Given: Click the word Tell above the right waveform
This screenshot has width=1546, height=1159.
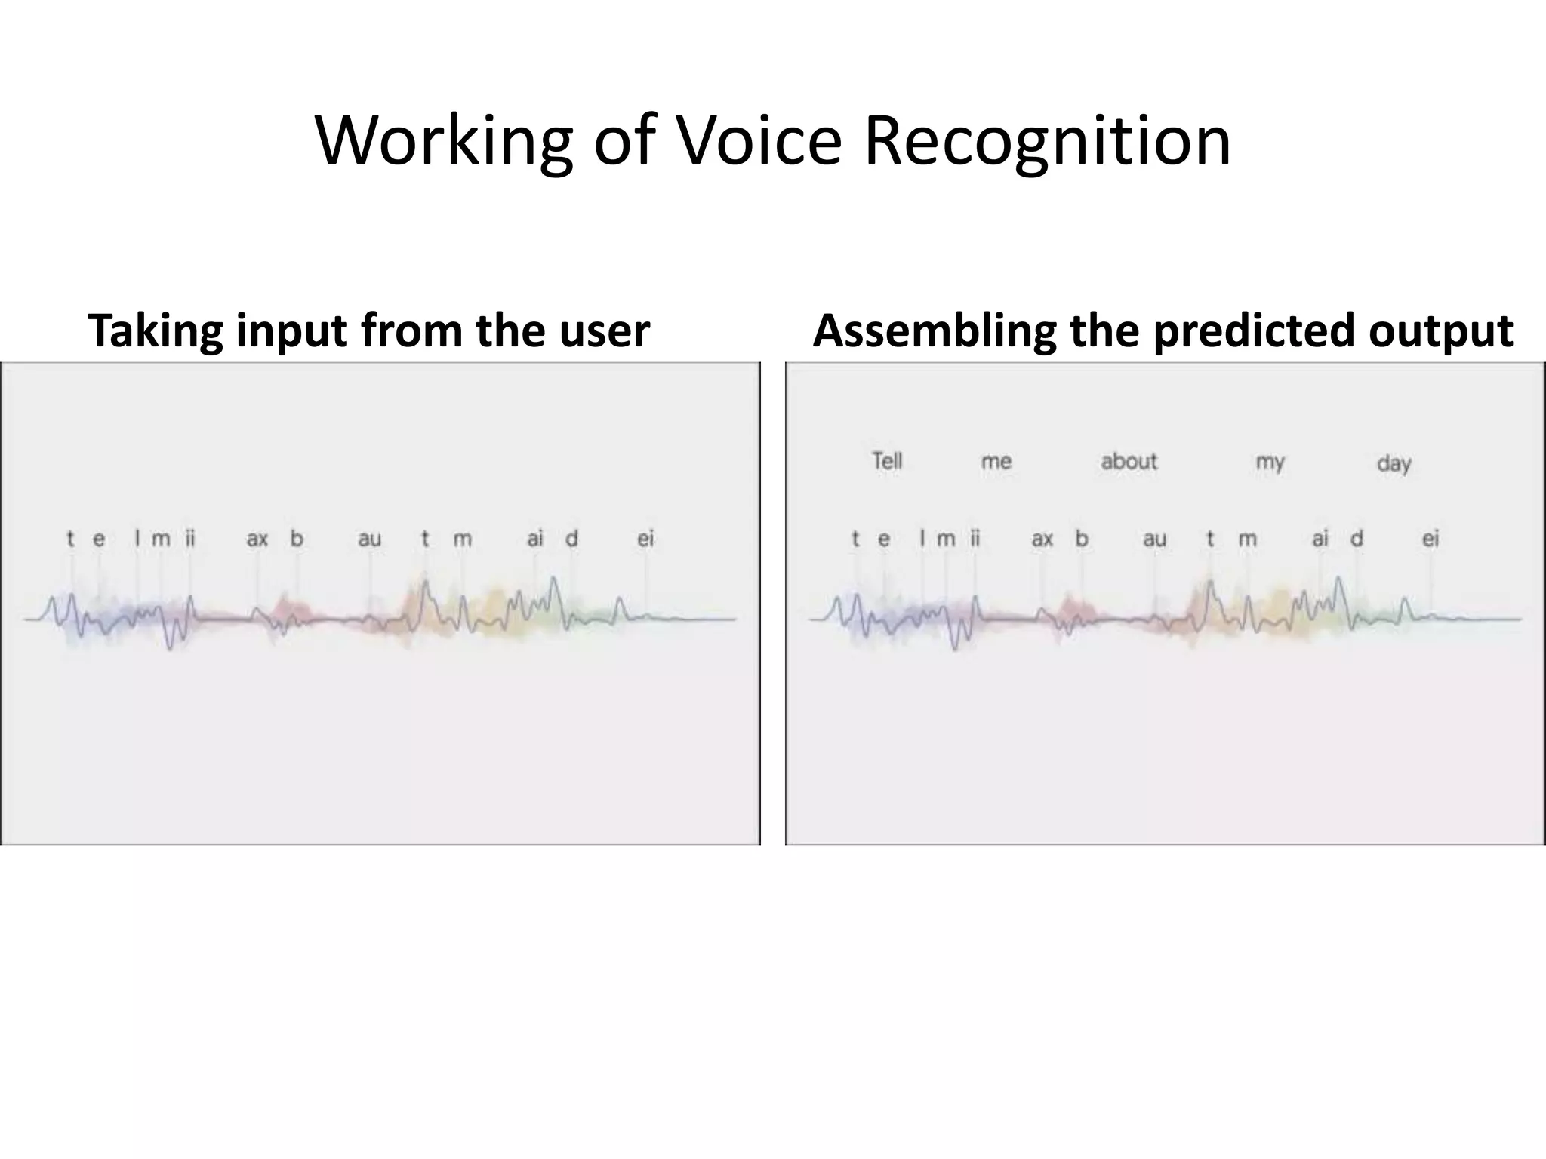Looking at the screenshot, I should [887, 460].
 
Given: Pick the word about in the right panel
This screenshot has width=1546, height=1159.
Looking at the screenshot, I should [1129, 461].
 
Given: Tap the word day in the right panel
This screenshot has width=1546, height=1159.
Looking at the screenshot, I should [1394, 463].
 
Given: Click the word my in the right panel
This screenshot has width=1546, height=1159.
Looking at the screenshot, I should [1270, 462].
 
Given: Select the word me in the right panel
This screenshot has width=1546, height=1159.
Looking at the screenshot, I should [996, 461].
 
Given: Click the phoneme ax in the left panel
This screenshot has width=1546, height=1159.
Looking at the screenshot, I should [257, 539].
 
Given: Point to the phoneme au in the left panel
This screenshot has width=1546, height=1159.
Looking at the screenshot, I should [369, 539].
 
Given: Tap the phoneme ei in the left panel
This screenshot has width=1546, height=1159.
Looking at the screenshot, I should [645, 539].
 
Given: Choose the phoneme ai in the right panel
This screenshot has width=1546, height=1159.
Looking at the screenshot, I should [1320, 539].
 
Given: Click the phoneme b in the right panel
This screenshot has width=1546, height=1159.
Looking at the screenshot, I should [1082, 539].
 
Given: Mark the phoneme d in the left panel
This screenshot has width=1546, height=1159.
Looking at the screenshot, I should [571, 539].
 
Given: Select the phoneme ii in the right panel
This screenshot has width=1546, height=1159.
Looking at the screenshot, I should [975, 539].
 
